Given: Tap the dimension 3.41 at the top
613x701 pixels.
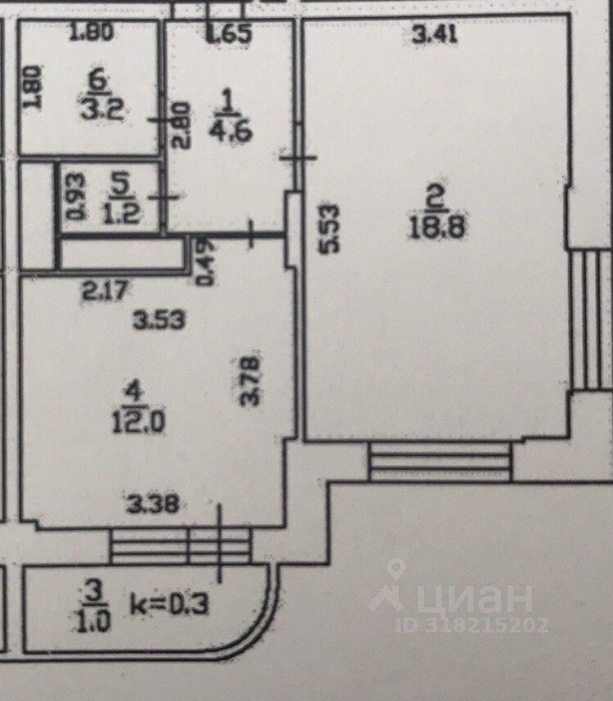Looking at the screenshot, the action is [x=434, y=34].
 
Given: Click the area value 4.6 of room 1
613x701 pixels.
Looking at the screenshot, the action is [x=229, y=131].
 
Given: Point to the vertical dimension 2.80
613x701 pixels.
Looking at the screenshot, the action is [x=182, y=123].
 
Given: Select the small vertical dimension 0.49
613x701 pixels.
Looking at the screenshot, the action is [x=204, y=261].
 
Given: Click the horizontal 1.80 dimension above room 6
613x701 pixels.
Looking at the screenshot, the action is [x=91, y=34].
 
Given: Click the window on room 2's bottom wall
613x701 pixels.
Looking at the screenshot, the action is [x=440, y=462].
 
